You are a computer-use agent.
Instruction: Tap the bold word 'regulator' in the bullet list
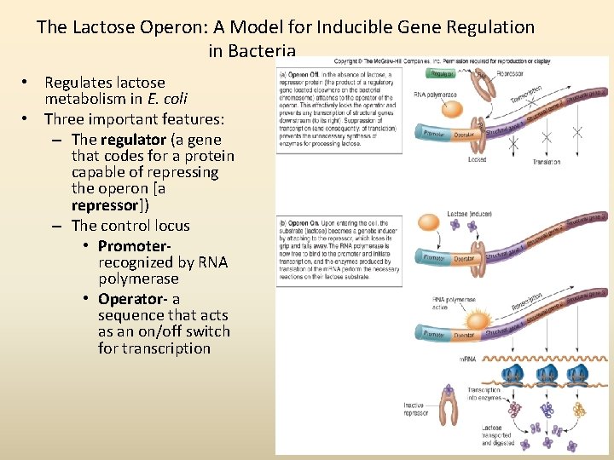[x=133, y=140]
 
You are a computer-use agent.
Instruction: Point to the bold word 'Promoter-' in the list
[x=137, y=245]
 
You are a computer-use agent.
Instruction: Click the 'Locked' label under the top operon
[x=478, y=159]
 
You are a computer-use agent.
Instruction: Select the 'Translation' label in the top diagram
[x=547, y=161]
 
